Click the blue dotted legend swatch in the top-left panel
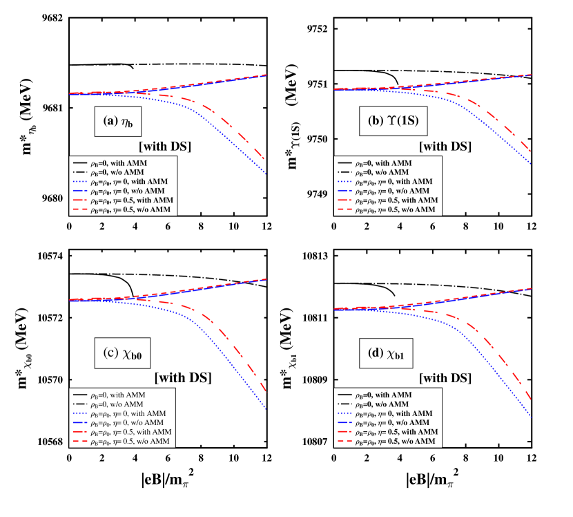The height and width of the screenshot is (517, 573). point(80,182)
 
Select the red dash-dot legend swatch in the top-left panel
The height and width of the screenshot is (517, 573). point(80,200)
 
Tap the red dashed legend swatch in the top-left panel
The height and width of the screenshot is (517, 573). point(80,209)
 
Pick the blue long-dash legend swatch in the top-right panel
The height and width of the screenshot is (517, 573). point(344,190)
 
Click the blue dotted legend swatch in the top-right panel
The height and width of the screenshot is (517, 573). point(344,182)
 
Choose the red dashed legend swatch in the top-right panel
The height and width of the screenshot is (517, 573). point(344,209)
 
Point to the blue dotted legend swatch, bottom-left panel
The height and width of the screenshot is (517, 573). point(80,413)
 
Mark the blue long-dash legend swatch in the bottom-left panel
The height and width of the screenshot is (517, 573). point(80,422)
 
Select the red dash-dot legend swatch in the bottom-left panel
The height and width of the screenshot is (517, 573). point(80,431)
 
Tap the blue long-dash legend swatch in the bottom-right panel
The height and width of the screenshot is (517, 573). point(344,422)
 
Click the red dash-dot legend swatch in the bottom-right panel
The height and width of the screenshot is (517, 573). point(344,431)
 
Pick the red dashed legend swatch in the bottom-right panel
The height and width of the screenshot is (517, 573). point(344,440)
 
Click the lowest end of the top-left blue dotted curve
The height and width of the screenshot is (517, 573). point(266,175)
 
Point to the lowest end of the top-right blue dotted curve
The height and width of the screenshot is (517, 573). point(531,164)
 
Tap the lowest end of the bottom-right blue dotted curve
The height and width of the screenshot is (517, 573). point(531,417)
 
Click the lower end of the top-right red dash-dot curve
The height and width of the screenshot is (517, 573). point(531,151)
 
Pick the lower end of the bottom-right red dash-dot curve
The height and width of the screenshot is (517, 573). point(531,400)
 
